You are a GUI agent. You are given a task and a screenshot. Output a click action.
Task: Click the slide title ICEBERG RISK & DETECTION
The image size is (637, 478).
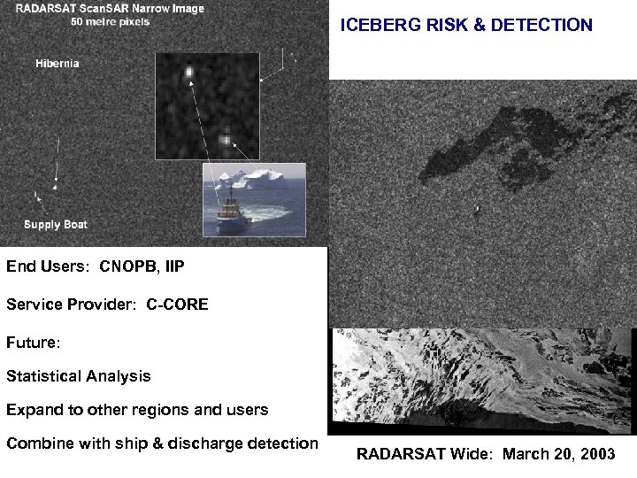466,26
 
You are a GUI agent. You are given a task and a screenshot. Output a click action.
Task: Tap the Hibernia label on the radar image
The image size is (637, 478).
58,64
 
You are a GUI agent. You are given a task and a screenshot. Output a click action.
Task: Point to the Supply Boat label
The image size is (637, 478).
56,225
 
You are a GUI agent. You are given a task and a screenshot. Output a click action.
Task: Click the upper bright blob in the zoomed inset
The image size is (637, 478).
188,72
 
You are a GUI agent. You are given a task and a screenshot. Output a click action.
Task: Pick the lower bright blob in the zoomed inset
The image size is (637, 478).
226,139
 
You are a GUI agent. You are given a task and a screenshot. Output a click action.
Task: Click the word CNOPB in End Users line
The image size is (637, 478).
129,265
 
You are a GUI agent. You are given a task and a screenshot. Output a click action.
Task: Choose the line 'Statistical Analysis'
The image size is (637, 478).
79,376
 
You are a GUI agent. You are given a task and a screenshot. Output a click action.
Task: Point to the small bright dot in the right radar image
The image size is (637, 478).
477,209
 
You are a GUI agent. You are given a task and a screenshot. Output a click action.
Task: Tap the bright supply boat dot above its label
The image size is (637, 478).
56,187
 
